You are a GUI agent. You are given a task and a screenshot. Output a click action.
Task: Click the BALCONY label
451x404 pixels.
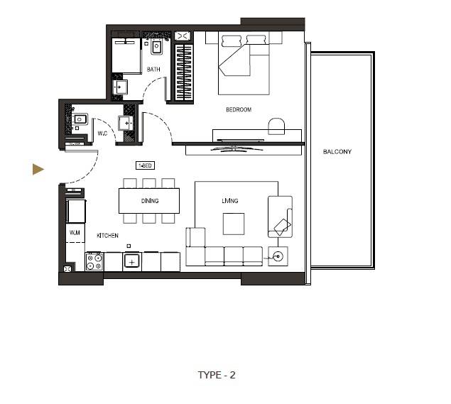click(x=337, y=152)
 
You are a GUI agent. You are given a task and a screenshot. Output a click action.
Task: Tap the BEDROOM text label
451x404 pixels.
click(x=239, y=109)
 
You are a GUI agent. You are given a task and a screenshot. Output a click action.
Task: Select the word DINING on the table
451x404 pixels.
click(x=149, y=201)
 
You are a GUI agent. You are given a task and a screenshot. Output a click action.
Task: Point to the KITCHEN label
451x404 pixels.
click(x=107, y=236)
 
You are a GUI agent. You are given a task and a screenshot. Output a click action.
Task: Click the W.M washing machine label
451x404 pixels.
click(x=75, y=232)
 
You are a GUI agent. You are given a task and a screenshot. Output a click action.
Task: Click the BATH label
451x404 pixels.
click(x=153, y=70)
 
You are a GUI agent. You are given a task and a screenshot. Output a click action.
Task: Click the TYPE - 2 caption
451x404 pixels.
click(x=217, y=375)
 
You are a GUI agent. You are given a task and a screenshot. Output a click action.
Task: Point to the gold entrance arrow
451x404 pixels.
click(x=38, y=169)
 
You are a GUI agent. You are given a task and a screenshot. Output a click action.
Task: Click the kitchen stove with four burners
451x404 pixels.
click(x=94, y=262)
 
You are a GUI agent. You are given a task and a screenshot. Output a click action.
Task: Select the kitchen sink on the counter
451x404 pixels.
click(x=131, y=261)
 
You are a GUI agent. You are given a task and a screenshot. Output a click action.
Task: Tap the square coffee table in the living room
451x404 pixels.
click(x=234, y=224)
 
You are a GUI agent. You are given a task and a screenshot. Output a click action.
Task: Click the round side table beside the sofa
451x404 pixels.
click(x=277, y=256)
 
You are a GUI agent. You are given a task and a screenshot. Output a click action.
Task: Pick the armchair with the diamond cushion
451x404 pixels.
click(x=279, y=217)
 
